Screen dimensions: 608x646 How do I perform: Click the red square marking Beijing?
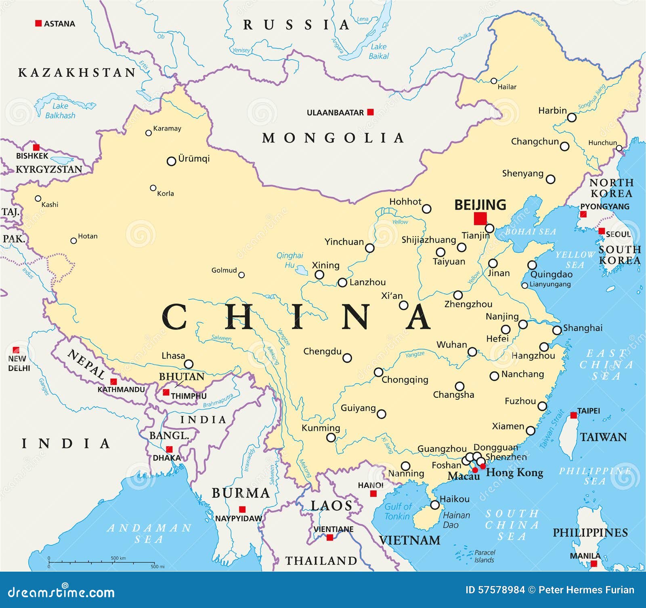click(x=480, y=218)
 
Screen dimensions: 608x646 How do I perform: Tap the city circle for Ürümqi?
click(x=171, y=161)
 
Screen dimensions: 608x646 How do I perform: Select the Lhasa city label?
click(x=173, y=356)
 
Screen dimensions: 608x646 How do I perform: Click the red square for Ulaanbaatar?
click(x=370, y=112)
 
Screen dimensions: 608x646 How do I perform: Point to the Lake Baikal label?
click(x=379, y=51)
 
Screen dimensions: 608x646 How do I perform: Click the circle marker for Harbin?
click(x=572, y=118)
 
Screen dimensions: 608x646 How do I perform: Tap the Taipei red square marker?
click(x=573, y=415)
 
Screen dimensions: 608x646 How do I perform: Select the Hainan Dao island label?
click(x=456, y=520)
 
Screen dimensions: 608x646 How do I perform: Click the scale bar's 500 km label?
click(x=118, y=558)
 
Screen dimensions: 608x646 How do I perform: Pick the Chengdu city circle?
click(x=347, y=358)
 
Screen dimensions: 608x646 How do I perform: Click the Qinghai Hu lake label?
click(x=289, y=260)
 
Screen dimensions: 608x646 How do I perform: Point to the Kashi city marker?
click(x=38, y=198)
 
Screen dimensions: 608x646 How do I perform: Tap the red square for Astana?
click(x=38, y=23)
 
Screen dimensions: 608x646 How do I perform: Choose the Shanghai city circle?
click(x=557, y=330)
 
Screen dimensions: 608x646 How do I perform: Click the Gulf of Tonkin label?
click(x=398, y=511)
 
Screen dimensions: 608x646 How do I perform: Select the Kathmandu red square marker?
click(x=113, y=382)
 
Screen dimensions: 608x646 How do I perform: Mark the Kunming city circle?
click(x=331, y=437)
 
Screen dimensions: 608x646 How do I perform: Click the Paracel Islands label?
click(x=484, y=556)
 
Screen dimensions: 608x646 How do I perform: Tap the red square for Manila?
click(x=594, y=564)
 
